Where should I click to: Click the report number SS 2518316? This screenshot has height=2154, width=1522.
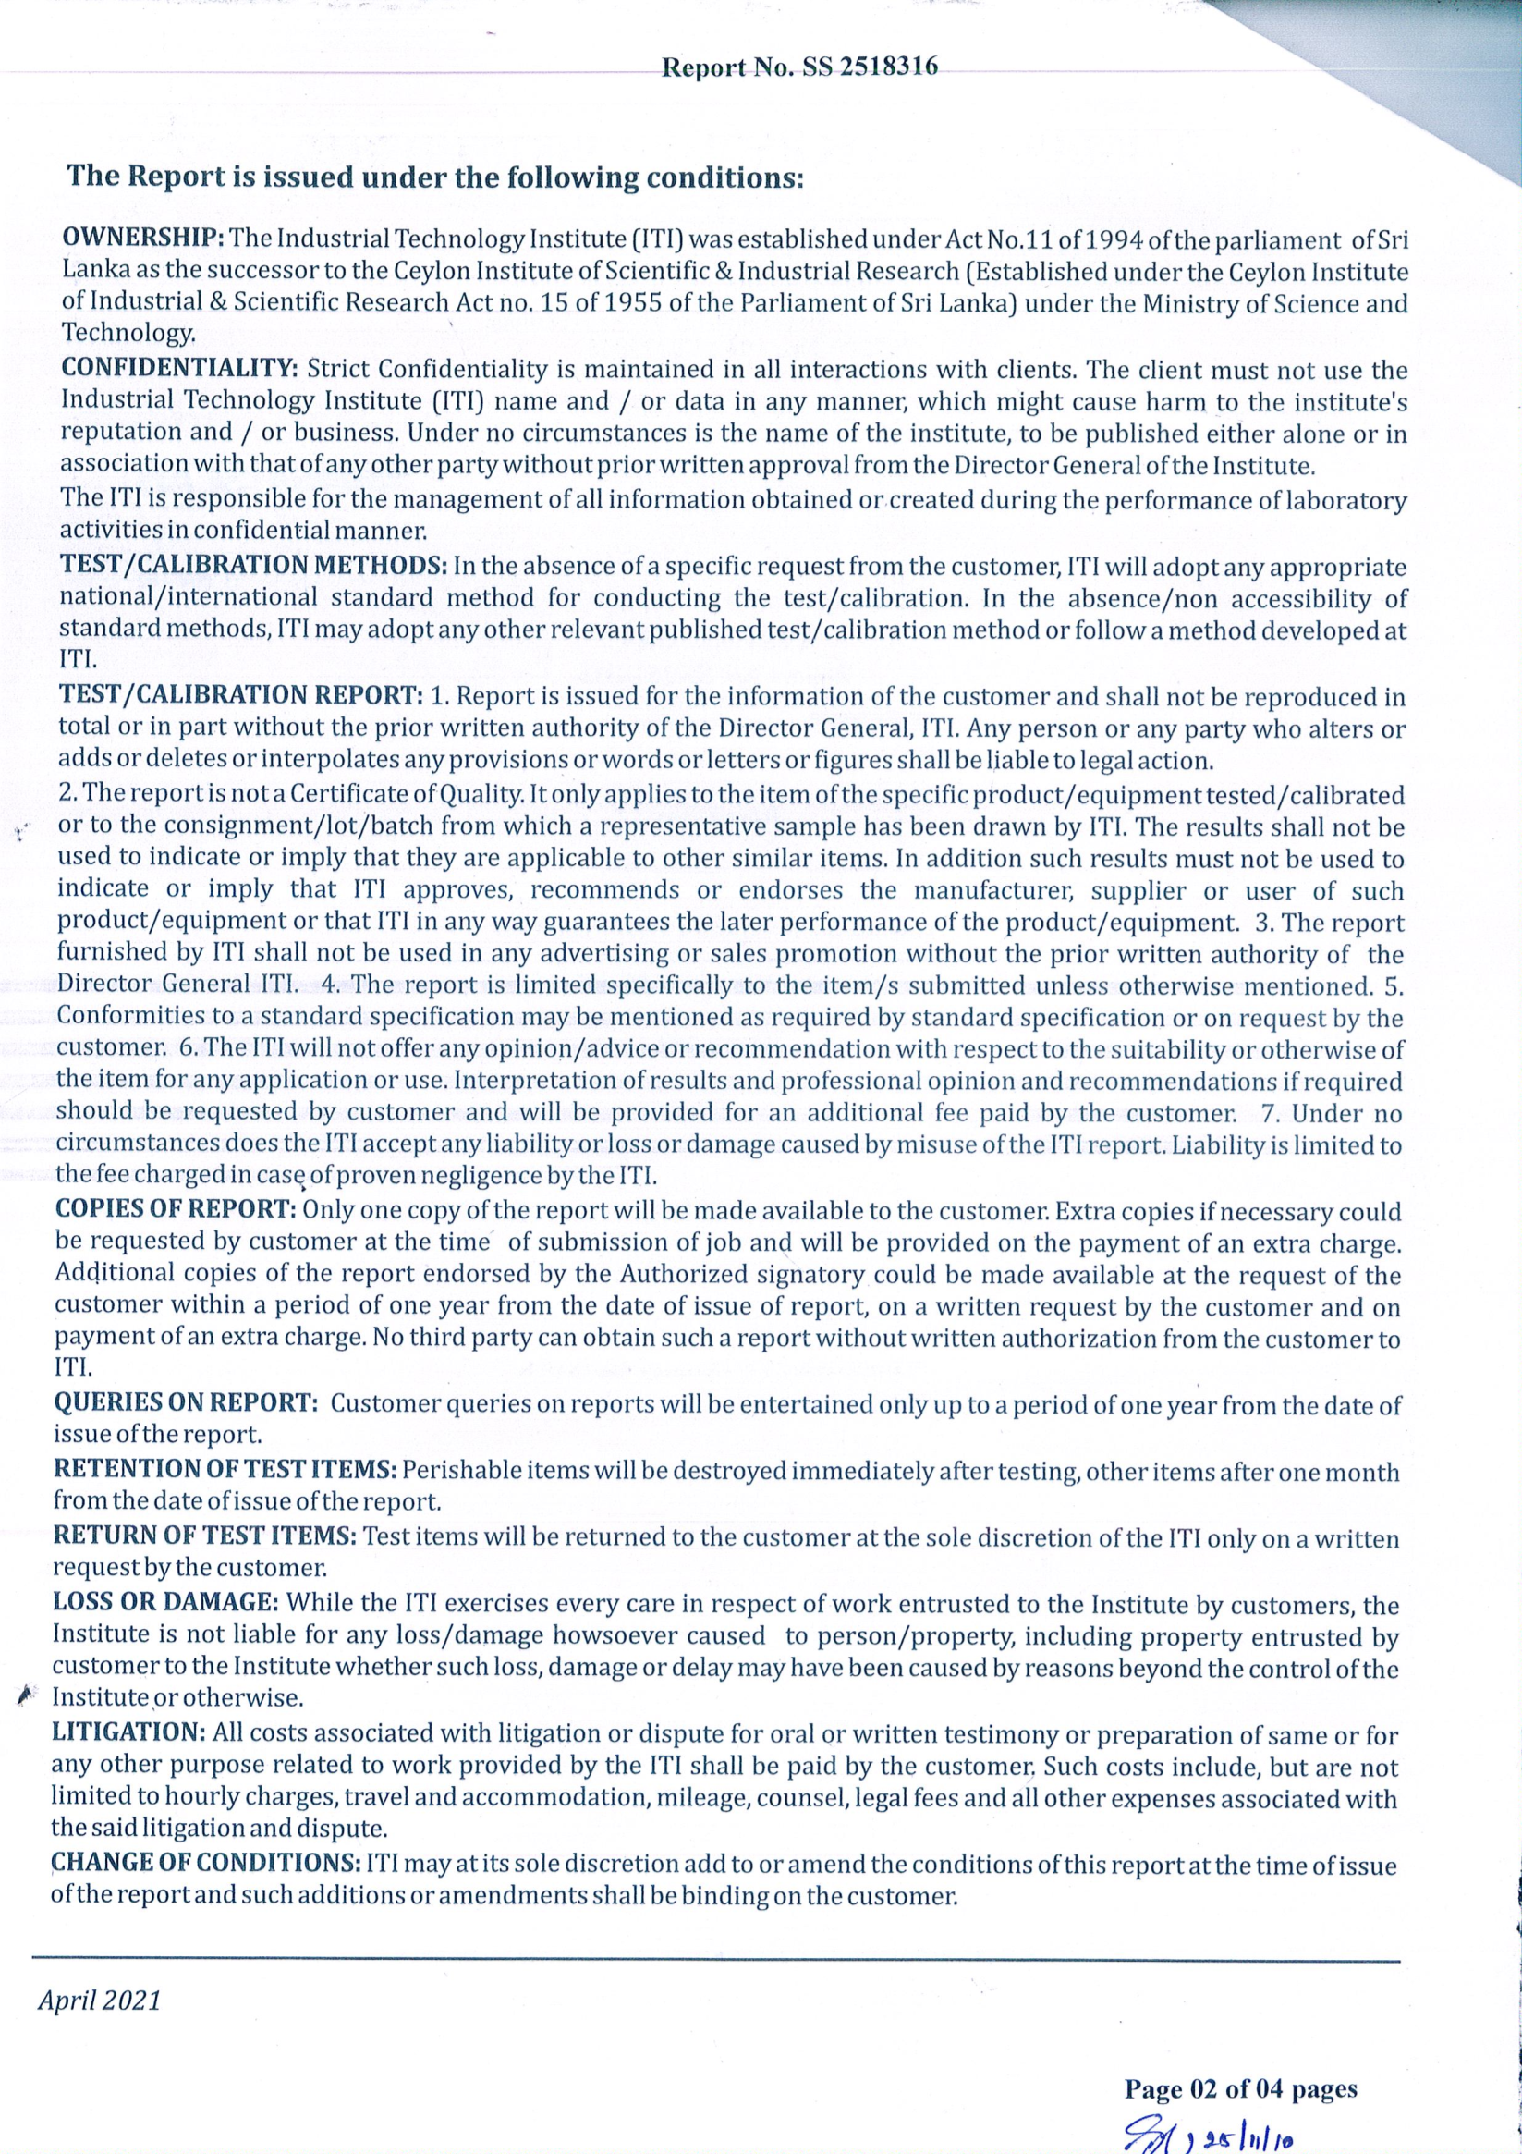[799, 67]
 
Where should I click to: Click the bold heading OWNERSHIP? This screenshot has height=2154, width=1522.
[141, 238]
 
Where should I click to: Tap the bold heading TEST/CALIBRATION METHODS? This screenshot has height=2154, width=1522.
[253, 566]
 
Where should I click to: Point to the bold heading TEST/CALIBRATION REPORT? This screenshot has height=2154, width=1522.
[241, 695]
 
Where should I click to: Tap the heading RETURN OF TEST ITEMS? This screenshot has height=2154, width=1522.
[204, 1536]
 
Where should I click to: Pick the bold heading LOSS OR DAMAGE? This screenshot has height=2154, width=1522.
[164, 1601]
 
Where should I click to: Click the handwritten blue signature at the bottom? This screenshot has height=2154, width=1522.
[1200, 2124]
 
